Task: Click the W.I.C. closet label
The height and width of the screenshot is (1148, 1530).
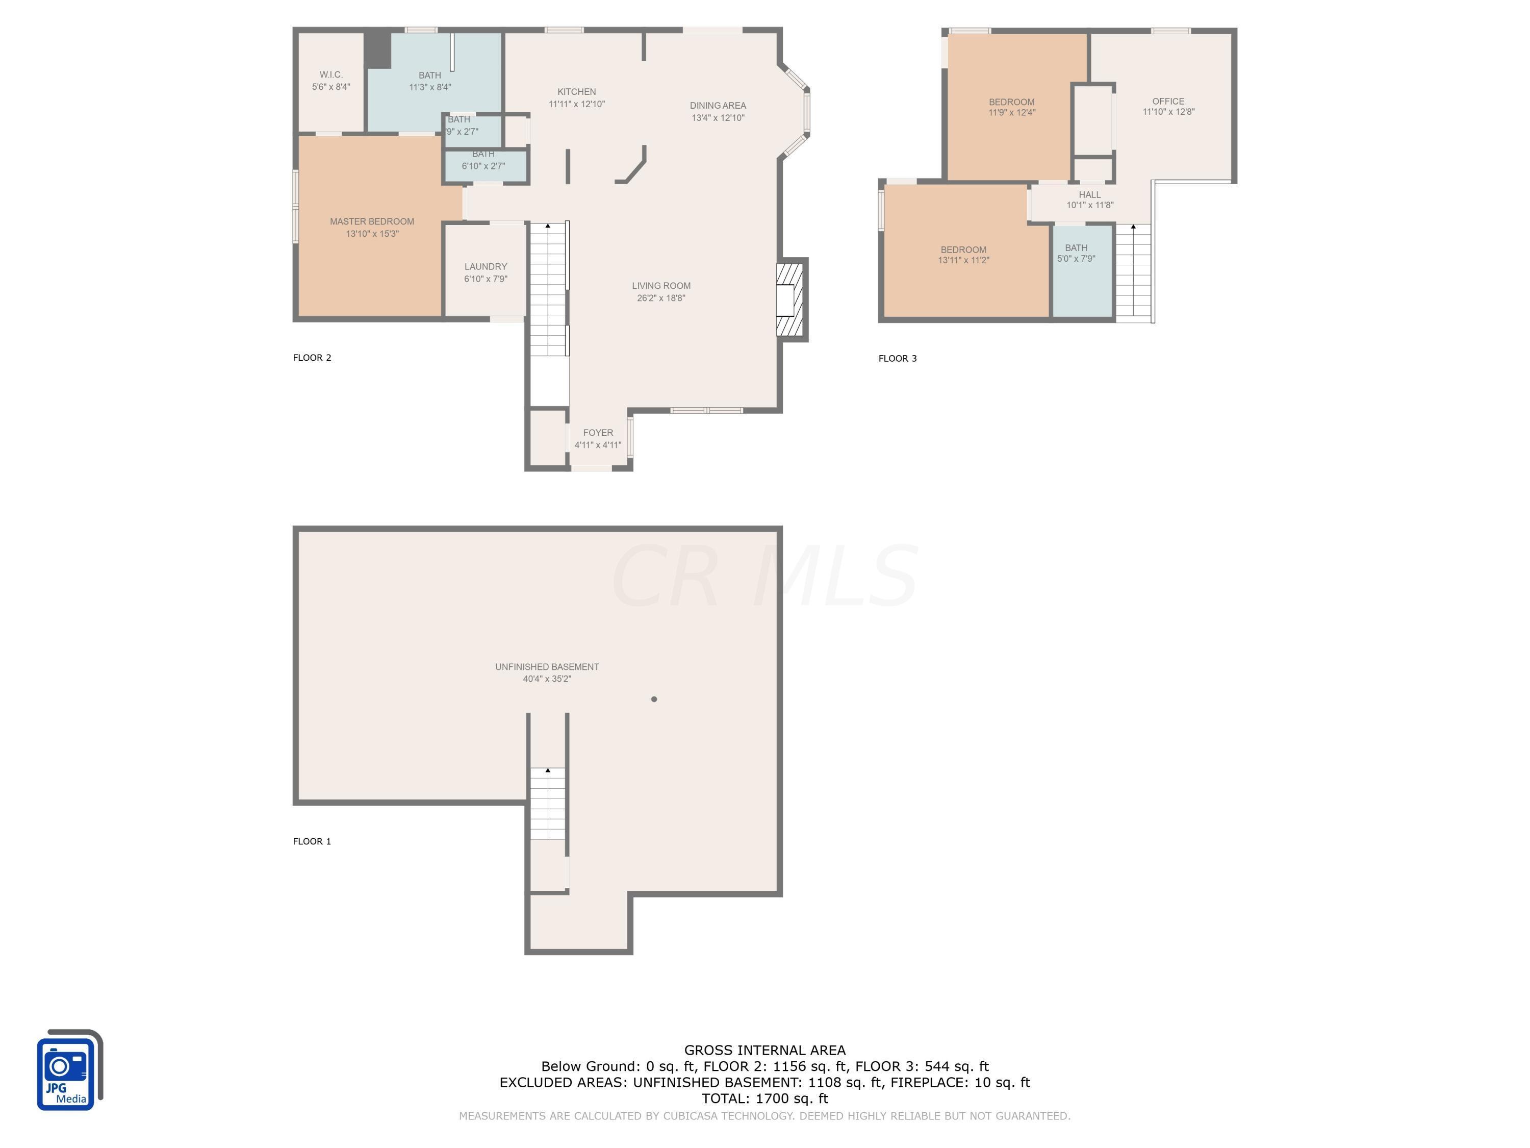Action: tap(330, 74)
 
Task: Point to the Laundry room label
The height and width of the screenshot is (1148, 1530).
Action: tap(485, 266)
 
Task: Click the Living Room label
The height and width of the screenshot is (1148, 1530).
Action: tap(660, 286)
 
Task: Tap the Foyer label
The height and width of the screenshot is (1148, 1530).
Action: tap(598, 433)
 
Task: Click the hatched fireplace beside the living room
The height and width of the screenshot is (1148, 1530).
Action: tap(790, 300)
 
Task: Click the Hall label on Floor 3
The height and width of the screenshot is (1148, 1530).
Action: tap(1089, 194)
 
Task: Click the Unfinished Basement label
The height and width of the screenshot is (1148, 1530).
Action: tap(546, 666)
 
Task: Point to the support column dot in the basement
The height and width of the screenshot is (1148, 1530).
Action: tap(654, 699)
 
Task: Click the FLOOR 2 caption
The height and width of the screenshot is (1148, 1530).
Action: tap(312, 358)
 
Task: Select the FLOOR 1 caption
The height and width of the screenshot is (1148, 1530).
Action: tap(312, 841)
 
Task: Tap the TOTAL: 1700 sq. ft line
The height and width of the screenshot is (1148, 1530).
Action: tap(764, 1098)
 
